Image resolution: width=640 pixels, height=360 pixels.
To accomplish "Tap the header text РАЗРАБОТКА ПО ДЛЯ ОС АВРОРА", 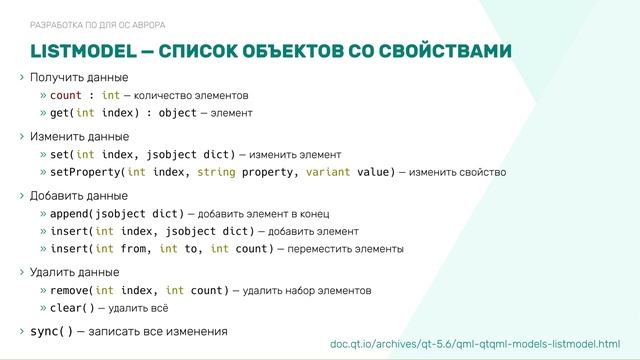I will click(98, 24).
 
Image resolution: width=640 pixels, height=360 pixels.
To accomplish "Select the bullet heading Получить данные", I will click(79, 78).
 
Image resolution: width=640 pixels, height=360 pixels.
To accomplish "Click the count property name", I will click(66, 96).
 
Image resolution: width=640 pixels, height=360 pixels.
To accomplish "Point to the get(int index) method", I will click(101, 113).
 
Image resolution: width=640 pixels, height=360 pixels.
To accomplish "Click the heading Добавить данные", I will click(79, 195).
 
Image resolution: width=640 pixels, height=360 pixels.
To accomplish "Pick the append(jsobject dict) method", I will click(118, 214).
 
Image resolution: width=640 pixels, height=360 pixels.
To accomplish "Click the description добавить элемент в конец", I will click(265, 214).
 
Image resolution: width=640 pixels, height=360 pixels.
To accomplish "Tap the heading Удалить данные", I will click(75, 271).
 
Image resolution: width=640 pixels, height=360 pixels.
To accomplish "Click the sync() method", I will click(51, 330).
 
